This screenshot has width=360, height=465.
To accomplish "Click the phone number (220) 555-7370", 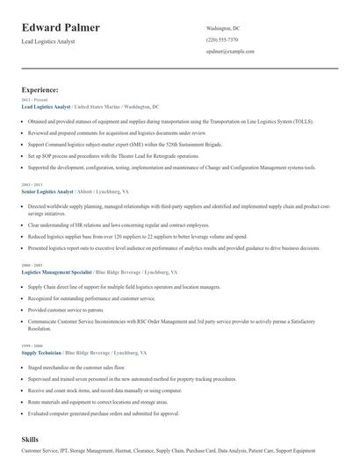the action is tap(222, 39).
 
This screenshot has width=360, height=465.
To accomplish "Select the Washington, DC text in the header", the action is tap(223, 28).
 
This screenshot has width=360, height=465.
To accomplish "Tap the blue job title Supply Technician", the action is tap(41, 327).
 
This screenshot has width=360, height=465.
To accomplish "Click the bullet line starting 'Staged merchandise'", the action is tap(76, 343).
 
